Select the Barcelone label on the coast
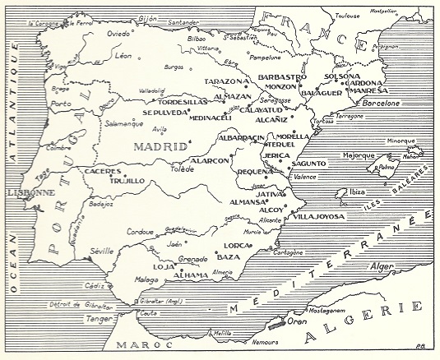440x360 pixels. tap(381, 104)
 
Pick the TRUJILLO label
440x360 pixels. tap(127, 180)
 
